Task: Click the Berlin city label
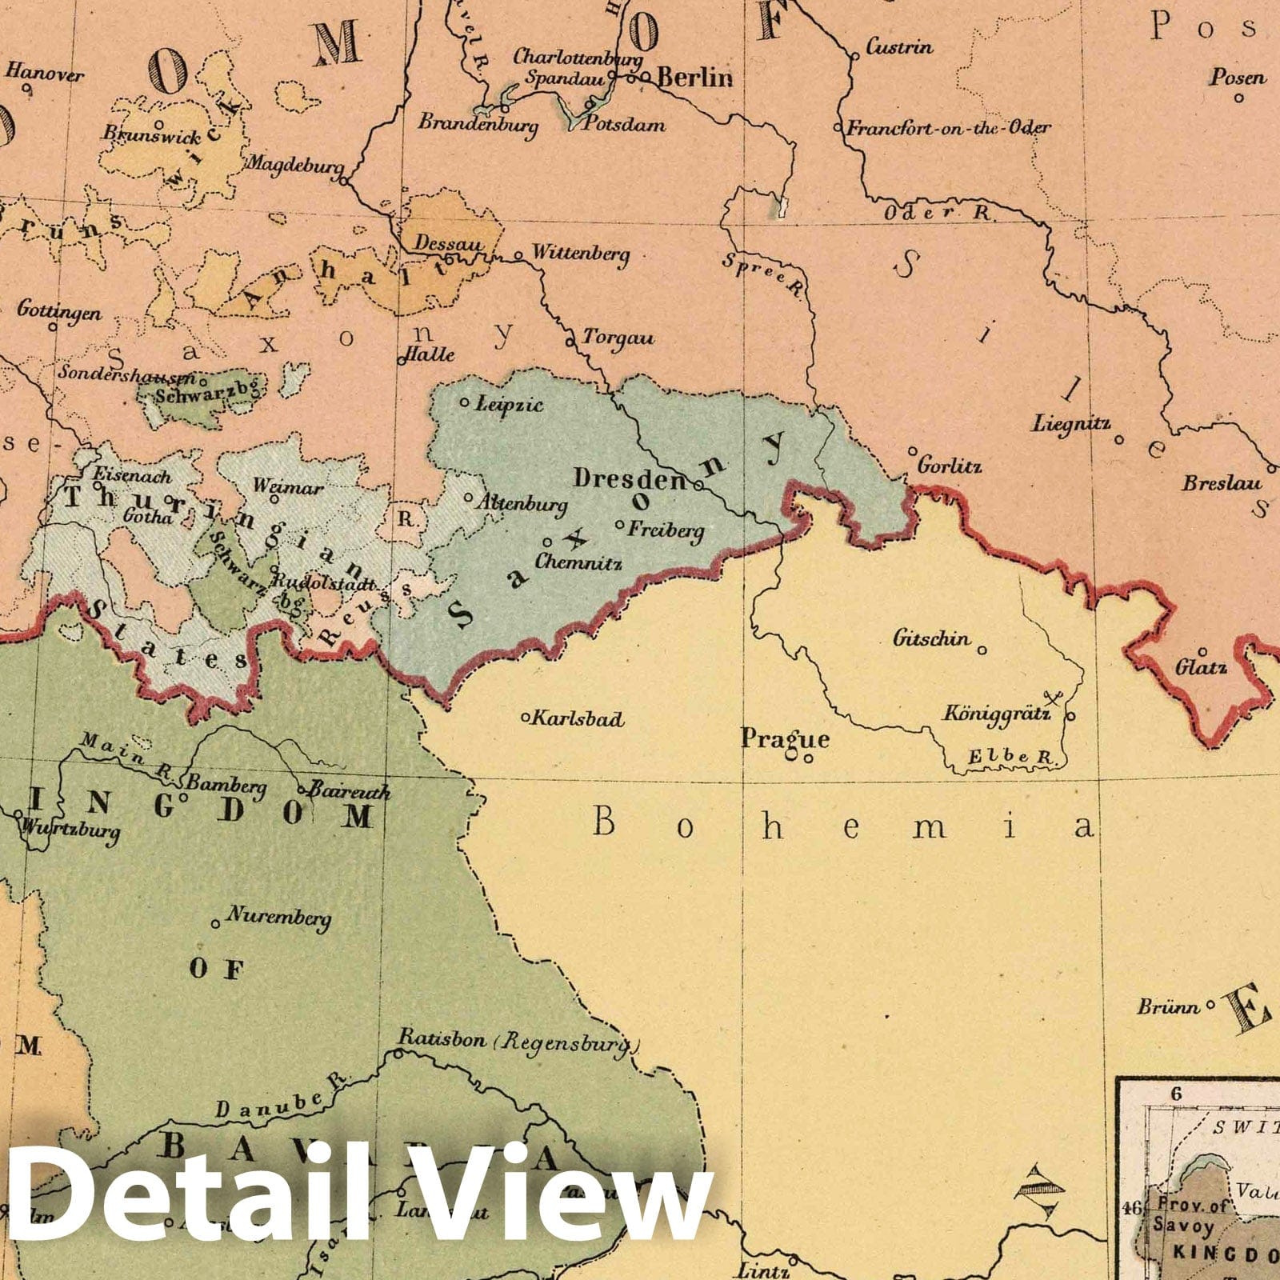(x=694, y=77)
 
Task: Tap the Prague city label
(x=785, y=738)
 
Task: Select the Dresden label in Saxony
(x=630, y=479)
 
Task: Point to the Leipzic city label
(x=509, y=404)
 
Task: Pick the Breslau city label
(x=1222, y=483)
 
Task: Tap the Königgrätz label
(x=996, y=713)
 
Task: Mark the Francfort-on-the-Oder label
(x=949, y=128)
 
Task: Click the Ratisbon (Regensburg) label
(x=520, y=1041)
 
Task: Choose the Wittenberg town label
(x=581, y=254)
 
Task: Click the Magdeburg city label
(x=294, y=164)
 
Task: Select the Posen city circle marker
(x=1238, y=98)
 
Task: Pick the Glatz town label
(x=1201, y=666)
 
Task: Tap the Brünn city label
(x=1168, y=1006)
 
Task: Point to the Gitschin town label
(x=931, y=638)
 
